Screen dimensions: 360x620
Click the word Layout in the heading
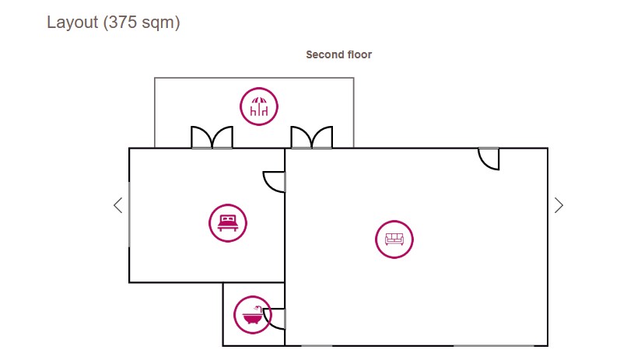tap(72, 23)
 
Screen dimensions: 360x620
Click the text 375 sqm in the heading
tap(142, 23)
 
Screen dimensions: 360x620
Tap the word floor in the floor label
tap(359, 54)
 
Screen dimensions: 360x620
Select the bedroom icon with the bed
tap(228, 223)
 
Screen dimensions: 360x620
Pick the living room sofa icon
tap(394, 239)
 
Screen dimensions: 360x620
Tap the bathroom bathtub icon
tap(252, 315)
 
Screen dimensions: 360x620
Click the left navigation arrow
tap(118, 205)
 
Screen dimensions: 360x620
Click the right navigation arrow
tap(559, 205)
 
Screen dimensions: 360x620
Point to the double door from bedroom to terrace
tap(212, 138)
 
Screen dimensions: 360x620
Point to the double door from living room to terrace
tap(312, 138)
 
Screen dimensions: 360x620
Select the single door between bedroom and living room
tap(275, 181)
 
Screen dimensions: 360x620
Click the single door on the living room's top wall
tap(489, 158)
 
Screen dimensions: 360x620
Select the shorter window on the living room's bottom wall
tap(317, 345)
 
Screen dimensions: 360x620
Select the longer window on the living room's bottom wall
tap(493, 345)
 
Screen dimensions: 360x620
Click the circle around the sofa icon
tap(394, 222)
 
